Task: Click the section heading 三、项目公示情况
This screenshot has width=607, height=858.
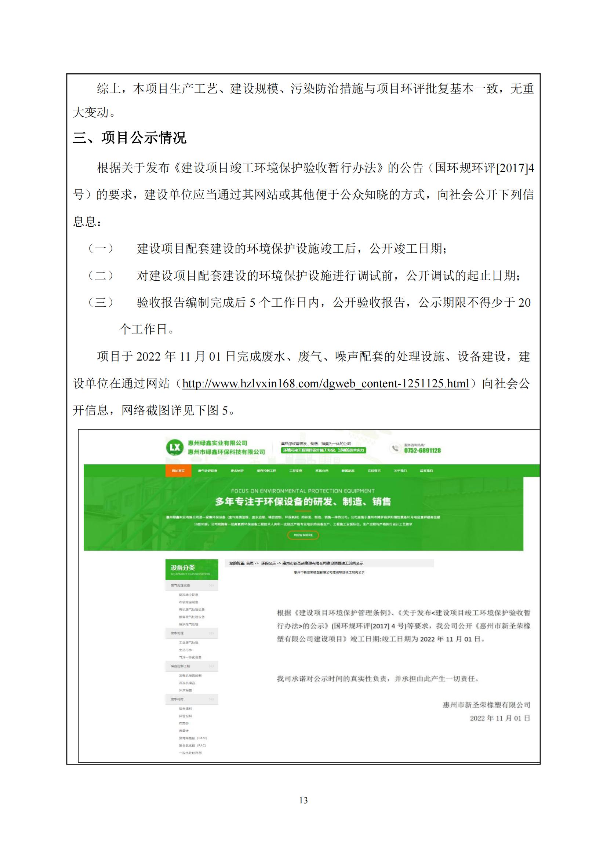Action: point(129,138)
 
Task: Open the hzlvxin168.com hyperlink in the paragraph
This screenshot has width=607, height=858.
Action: point(326,384)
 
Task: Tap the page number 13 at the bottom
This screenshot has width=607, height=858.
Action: point(303,800)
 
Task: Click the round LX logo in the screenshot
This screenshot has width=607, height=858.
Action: point(175,447)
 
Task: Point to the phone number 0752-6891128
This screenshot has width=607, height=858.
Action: point(422,451)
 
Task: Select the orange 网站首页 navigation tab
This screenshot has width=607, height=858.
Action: point(178,471)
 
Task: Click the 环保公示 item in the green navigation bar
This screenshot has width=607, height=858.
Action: point(322,471)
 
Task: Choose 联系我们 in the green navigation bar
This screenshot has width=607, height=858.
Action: point(426,471)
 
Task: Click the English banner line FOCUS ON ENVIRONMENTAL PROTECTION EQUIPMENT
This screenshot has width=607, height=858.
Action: point(303,491)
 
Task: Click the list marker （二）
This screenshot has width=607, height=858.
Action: point(101,276)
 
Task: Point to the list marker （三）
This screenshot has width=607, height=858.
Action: point(101,302)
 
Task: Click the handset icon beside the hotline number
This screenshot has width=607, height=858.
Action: point(395,448)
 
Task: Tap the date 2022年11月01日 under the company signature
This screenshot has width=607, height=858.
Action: point(500,718)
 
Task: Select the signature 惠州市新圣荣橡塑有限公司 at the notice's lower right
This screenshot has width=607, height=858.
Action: point(486,705)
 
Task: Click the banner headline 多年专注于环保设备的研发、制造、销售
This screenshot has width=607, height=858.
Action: point(303,501)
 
